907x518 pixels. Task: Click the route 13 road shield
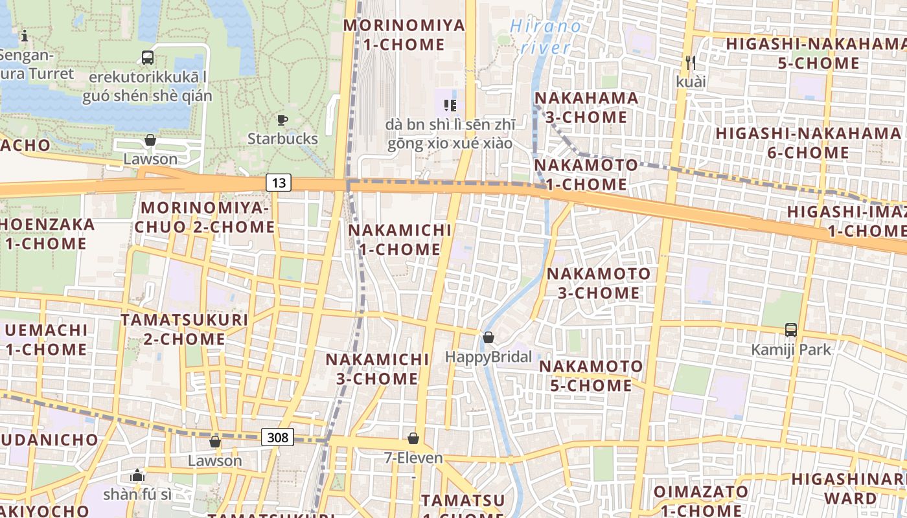tap(279, 183)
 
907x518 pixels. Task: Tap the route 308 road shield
tap(277, 437)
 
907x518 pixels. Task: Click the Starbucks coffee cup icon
tap(282, 120)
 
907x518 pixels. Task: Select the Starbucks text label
tap(282, 139)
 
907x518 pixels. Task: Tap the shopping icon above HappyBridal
tap(488, 337)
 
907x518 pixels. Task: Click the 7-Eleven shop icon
tap(413, 438)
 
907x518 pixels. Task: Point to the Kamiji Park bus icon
tap(790, 330)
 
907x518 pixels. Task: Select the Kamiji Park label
tap(790, 350)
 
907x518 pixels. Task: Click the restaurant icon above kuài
tap(691, 63)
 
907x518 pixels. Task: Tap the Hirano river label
tap(546, 36)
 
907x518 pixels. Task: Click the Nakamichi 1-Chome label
tap(400, 240)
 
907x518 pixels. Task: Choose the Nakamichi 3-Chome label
tap(377, 368)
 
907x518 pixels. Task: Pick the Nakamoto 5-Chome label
tap(591, 376)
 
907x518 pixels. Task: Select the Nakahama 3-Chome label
tap(581, 107)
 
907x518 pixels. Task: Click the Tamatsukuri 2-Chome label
tap(185, 330)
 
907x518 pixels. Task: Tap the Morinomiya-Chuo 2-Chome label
tap(205, 218)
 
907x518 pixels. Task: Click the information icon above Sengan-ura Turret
tap(25, 36)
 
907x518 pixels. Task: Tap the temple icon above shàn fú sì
tap(137, 476)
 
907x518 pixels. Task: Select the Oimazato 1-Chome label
tap(700, 500)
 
